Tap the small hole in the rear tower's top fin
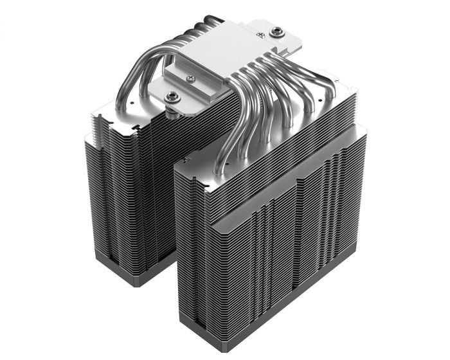(x=131, y=100)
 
